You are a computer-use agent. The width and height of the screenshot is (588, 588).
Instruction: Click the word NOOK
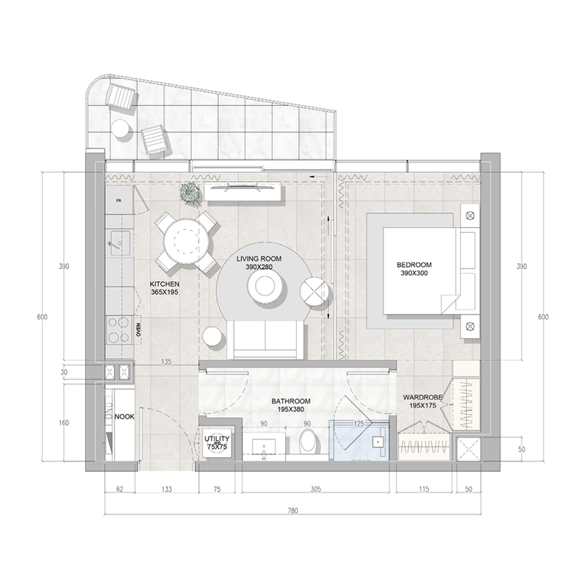[123, 417]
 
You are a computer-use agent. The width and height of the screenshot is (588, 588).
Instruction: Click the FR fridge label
[118, 198]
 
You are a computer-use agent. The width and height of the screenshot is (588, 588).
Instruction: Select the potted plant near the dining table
[190, 193]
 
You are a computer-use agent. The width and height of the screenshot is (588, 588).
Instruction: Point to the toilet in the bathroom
[309, 443]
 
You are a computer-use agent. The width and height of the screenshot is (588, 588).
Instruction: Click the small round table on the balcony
[121, 129]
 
